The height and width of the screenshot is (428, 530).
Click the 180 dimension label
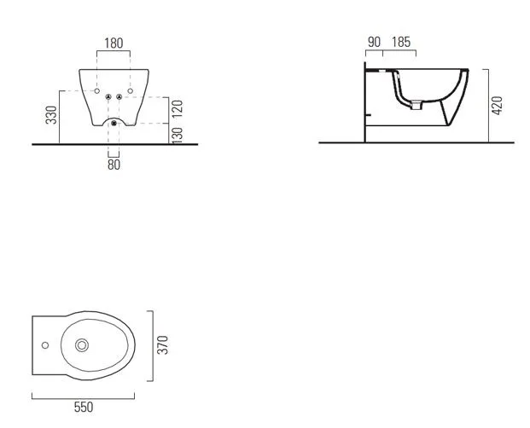[x=114, y=43]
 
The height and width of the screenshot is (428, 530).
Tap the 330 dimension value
[x=51, y=115]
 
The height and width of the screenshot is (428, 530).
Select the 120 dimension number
[x=178, y=108]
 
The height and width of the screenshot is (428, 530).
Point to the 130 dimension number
[x=178, y=135]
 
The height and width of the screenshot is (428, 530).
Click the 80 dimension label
[x=114, y=165]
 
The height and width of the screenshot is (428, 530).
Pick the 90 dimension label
[x=374, y=42]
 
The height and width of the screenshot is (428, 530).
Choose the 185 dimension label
[x=401, y=42]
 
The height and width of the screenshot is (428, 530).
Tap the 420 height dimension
[x=498, y=106]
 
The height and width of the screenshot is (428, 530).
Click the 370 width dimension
[x=163, y=344]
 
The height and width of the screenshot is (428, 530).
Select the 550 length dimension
[x=84, y=407]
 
